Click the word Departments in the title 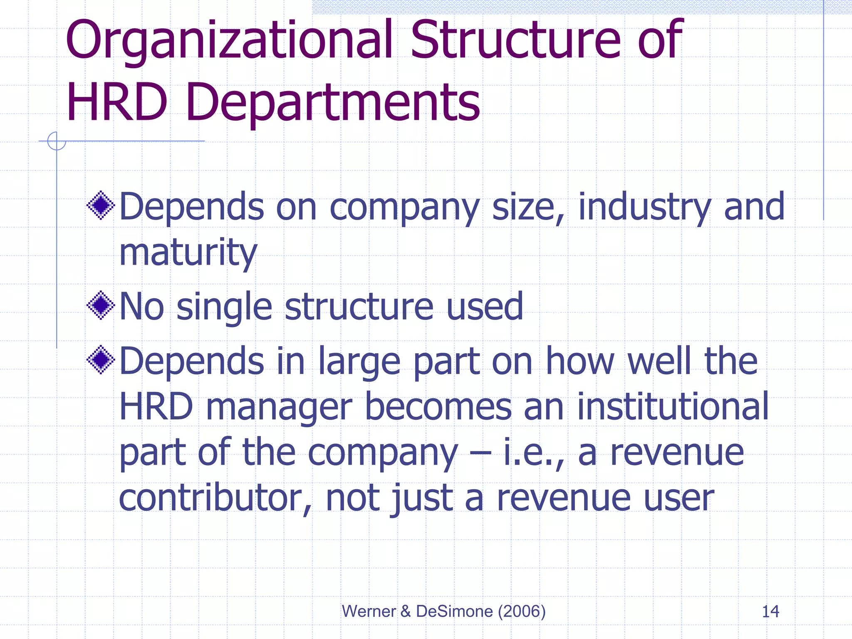point(333,103)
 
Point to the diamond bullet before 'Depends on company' point(101,205)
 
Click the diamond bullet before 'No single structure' point(101,305)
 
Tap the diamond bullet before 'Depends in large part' point(101,359)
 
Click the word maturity point(188,253)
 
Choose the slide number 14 point(770,612)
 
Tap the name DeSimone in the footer point(454,612)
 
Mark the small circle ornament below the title point(57,141)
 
